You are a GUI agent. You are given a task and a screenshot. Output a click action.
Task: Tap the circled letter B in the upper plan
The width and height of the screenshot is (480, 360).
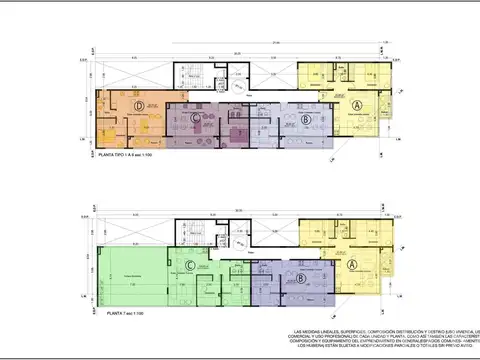coord(304,119)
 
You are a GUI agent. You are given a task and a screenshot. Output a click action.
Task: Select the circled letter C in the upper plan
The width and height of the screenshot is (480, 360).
coord(196,118)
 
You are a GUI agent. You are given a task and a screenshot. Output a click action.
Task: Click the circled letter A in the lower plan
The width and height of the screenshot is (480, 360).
coord(351,264)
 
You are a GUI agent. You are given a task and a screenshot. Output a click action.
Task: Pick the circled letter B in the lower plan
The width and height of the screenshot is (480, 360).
coord(299,278)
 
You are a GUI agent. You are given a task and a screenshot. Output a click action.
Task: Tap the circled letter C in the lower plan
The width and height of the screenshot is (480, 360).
coord(189,265)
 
